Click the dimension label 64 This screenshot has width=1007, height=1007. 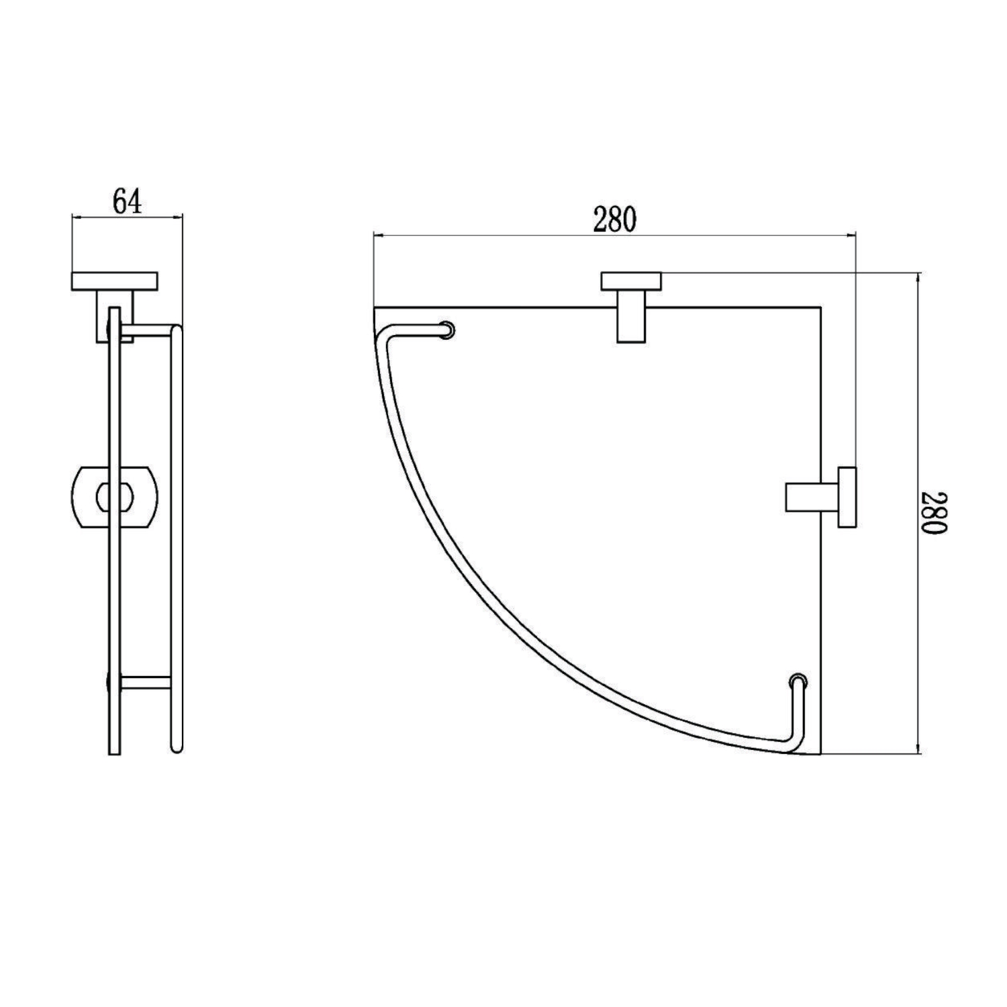tap(127, 201)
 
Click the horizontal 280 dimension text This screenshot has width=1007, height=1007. tap(614, 219)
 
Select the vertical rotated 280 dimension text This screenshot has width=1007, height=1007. tap(934, 514)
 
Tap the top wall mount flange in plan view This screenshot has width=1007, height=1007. tap(630, 281)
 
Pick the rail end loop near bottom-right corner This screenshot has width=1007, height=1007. tap(798, 681)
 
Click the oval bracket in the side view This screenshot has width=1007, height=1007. tap(114, 497)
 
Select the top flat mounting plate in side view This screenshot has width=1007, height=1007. tap(114, 281)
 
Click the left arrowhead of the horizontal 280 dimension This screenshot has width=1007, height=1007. tap(377, 236)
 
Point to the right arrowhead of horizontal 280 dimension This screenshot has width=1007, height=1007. tap(853, 236)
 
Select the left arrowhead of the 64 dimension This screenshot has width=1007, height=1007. tap(75, 216)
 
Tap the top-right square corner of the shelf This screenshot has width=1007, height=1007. tap(821, 308)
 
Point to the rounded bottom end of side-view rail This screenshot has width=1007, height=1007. tap(177, 749)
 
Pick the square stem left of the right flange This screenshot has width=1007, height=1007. tap(811, 497)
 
